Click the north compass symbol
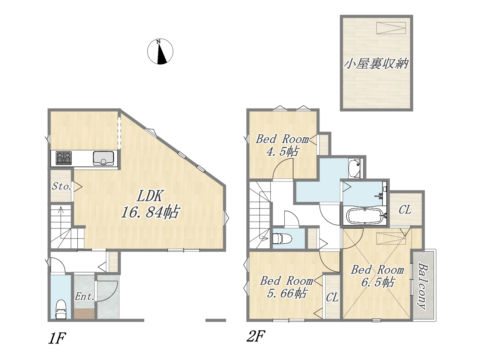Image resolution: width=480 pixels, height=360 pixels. [160, 52]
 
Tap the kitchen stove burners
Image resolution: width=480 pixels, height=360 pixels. [64, 158]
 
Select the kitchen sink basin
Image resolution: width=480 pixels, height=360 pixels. [103, 158]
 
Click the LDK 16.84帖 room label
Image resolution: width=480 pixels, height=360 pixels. [150, 204]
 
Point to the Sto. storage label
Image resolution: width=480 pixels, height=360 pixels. [61, 186]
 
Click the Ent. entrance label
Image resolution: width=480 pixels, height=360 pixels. [84, 297]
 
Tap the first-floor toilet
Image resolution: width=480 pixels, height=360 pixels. [61, 309]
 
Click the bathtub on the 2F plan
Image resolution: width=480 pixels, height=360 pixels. [364, 216]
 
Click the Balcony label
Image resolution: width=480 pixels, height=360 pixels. [423, 286]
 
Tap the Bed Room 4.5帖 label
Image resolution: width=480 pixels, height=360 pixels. [282, 146]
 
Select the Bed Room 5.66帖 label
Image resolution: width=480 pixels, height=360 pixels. [286, 287]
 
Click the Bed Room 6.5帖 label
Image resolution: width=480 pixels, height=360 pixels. [378, 276]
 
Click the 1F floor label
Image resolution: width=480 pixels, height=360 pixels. [57, 338]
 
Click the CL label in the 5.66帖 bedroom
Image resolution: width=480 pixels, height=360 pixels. [332, 297]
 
